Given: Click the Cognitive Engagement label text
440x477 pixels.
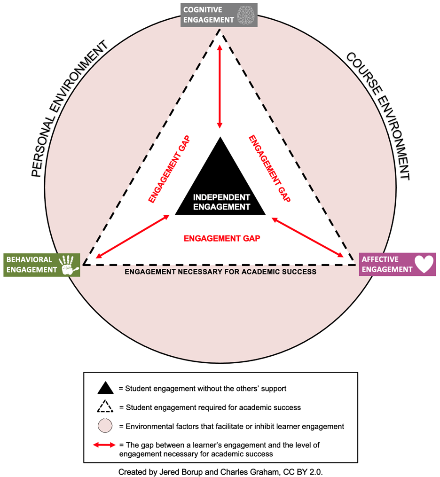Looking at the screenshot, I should [208, 15].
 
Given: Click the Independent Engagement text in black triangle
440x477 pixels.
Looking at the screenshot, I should [221, 202].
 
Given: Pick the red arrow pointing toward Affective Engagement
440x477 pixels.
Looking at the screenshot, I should [308, 237].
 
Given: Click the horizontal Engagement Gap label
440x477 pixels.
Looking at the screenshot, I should [222, 238].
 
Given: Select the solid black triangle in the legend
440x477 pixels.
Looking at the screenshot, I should [105, 388].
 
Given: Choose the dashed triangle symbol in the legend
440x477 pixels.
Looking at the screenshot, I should [105, 407].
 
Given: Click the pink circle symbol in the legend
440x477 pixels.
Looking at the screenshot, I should [105, 426].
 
